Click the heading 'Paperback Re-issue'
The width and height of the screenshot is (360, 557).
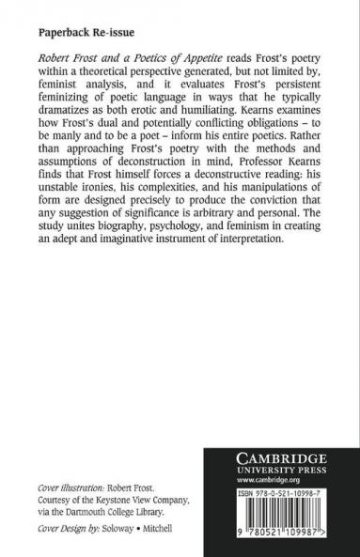click(82, 31)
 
